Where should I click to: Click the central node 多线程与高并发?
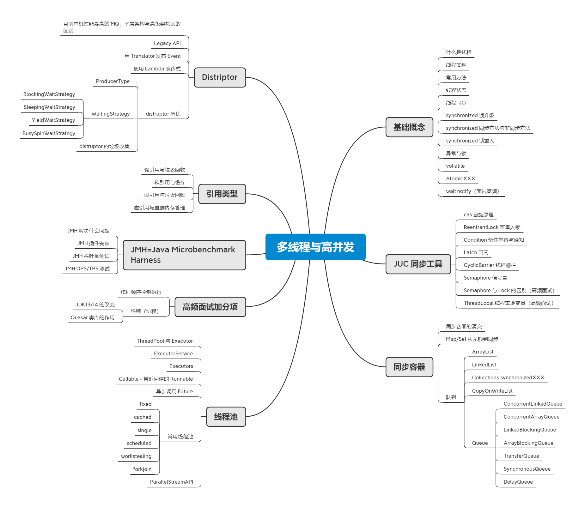[x=315, y=247]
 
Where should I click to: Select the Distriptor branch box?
[x=220, y=77]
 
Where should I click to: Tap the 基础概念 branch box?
[x=409, y=127]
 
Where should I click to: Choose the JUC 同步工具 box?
[x=418, y=264]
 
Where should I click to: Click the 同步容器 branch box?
[x=409, y=367]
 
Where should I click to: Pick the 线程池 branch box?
[x=226, y=417]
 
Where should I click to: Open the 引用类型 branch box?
[x=222, y=194]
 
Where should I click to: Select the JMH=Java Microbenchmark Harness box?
[x=184, y=255]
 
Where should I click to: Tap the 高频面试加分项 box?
[x=210, y=307]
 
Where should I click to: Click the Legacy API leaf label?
[x=167, y=43]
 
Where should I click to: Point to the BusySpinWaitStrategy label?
[x=49, y=133]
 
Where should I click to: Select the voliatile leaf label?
[x=455, y=166]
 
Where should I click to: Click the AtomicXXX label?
[x=460, y=178]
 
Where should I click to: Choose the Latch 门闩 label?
[x=476, y=252]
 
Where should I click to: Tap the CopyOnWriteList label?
[x=492, y=391]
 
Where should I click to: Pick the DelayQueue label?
[x=518, y=482]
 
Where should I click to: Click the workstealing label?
[x=136, y=456]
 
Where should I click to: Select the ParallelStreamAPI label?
[x=171, y=482]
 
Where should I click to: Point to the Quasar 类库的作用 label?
[x=93, y=317]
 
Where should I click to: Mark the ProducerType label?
[x=113, y=81]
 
